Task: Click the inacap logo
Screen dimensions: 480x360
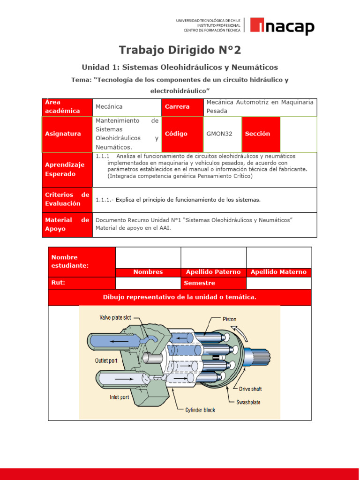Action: (x=282, y=26)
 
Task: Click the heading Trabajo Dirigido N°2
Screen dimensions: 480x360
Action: (x=180, y=50)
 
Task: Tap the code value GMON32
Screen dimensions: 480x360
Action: (x=219, y=134)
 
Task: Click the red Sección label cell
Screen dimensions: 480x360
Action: (x=261, y=134)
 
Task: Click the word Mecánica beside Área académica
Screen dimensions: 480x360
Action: (x=109, y=107)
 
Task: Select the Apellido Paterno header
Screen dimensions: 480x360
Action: (x=213, y=272)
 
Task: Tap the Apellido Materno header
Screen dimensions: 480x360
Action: (x=278, y=272)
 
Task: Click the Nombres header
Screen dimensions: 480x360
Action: (x=148, y=272)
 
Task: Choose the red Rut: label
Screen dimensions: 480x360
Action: (x=82, y=283)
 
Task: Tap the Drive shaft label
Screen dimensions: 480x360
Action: (x=250, y=389)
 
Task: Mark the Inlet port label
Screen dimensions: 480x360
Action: (x=119, y=397)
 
